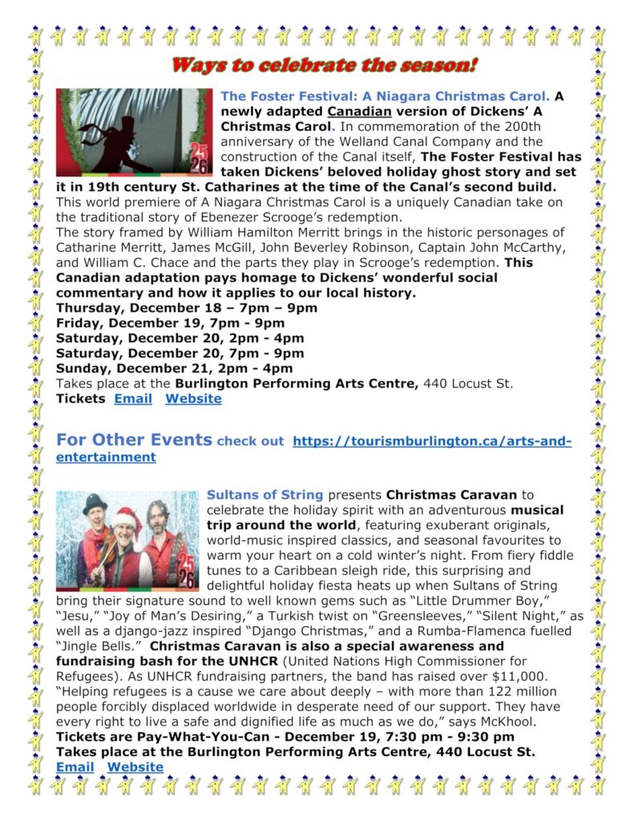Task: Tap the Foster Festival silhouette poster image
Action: click(134, 131)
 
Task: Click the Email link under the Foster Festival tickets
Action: click(132, 398)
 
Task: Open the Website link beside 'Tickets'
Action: click(193, 398)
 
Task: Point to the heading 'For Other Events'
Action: click(134, 440)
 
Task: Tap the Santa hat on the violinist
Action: click(126, 520)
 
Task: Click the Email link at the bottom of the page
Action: click(75, 766)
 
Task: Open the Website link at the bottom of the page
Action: click(135, 766)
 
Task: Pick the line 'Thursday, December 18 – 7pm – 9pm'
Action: click(187, 308)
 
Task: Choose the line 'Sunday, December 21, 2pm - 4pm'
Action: click(174, 369)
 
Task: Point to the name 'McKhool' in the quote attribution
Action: click(506, 722)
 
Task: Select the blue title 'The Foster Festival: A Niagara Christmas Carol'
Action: click(385, 96)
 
